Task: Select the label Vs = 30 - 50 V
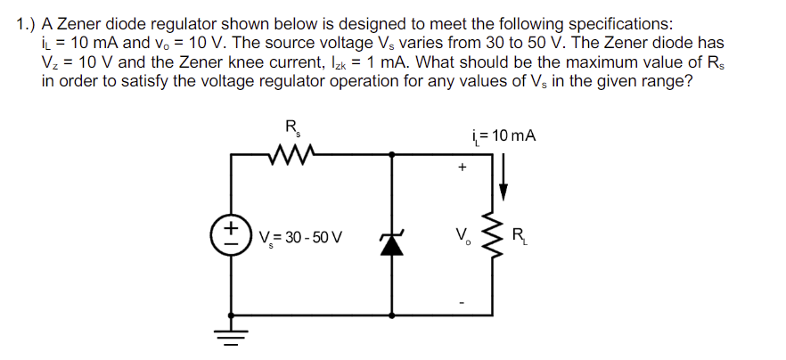pyautogui.click(x=304, y=239)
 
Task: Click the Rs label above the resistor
pyautogui.click(x=291, y=127)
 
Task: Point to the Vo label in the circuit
pyautogui.click(x=462, y=238)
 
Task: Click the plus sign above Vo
pyautogui.click(x=462, y=167)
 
